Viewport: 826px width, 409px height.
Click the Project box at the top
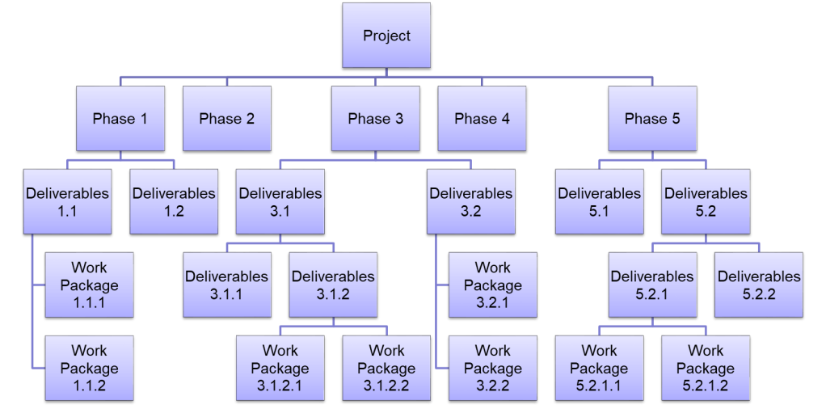(x=386, y=36)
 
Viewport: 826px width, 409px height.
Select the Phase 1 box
(x=120, y=119)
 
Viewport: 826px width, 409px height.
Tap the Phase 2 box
(x=226, y=119)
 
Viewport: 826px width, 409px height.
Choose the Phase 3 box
(x=375, y=119)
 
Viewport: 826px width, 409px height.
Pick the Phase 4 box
(x=482, y=119)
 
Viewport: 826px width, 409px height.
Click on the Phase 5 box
(x=652, y=119)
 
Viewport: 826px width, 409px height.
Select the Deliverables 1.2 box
(x=174, y=202)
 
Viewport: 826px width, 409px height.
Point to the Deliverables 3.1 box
(x=280, y=202)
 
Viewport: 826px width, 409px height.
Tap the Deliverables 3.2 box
(x=470, y=202)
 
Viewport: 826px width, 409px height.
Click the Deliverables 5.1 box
(x=599, y=202)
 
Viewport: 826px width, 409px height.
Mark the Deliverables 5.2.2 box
(x=759, y=285)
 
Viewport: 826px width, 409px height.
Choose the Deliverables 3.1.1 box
(x=226, y=285)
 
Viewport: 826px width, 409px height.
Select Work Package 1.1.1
(x=89, y=285)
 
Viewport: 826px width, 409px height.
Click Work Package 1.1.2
(x=89, y=369)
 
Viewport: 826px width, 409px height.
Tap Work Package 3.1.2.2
(x=386, y=369)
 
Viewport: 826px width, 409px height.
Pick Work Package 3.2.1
(x=492, y=285)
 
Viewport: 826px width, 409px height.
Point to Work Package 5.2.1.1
(x=599, y=369)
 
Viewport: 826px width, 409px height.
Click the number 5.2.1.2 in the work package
(x=706, y=386)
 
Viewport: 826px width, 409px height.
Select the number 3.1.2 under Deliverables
(x=333, y=294)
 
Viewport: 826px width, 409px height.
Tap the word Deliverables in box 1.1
(x=67, y=194)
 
